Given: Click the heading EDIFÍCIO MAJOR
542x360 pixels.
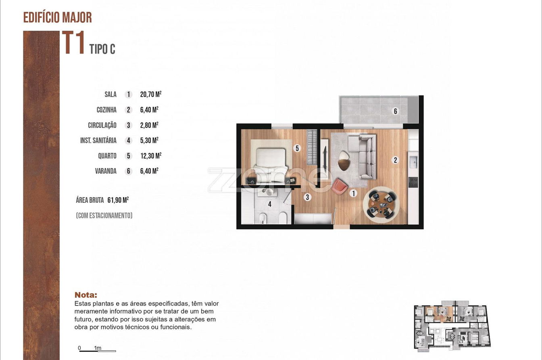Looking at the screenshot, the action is (x=58, y=17).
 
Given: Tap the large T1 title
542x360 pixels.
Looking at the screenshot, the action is (x=73, y=42).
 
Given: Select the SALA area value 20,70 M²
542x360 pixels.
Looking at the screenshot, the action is (x=151, y=94).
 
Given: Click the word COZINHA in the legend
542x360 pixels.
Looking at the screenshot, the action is (x=106, y=110).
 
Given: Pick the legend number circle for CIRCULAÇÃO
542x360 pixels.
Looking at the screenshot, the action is (x=129, y=125).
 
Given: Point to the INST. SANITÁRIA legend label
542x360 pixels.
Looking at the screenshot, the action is (x=98, y=140).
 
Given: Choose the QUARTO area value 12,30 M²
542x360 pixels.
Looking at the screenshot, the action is (x=151, y=156).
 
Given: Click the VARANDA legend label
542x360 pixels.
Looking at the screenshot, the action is (x=106, y=171).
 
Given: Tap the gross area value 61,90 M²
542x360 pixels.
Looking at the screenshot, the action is (x=118, y=200).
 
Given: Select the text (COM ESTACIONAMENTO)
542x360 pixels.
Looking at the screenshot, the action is (x=104, y=216).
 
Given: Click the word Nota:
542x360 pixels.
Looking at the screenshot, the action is (x=85, y=295).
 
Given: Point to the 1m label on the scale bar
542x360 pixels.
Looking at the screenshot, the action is (x=98, y=348).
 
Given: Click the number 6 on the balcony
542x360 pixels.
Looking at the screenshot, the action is (x=395, y=111).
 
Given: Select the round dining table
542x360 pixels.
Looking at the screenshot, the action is (x=381, y=205).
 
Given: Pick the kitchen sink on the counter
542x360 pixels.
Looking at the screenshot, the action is (x=413, y=162).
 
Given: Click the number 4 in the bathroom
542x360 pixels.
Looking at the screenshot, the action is (x=269, y=204).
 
